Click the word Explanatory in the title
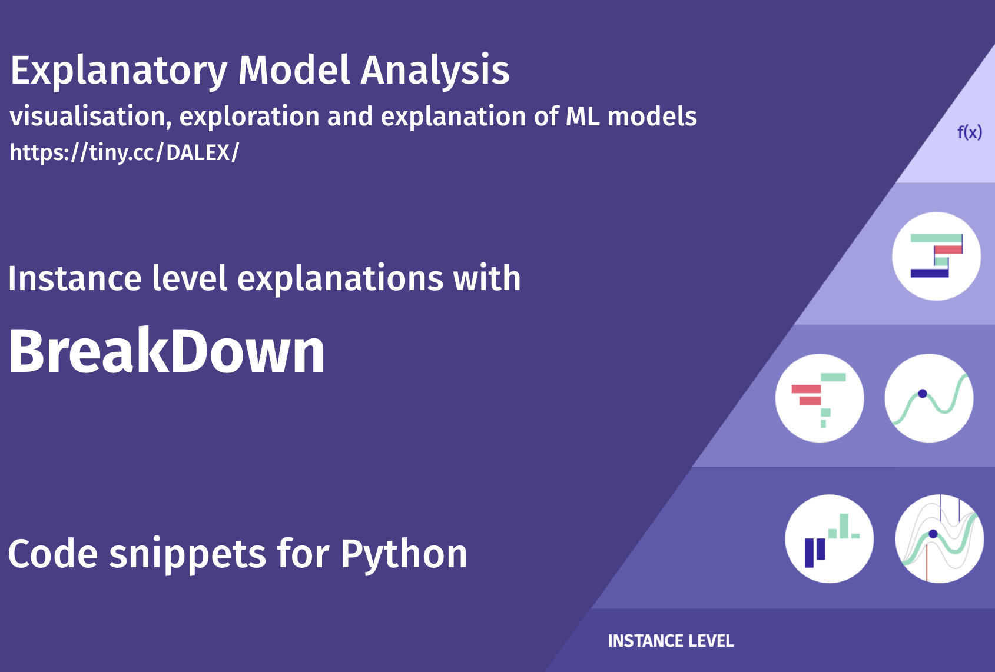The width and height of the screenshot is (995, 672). [x=118, y=71]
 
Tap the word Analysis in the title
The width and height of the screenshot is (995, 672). [x=435, y=71]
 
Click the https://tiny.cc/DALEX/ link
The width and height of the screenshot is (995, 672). [x=124, y=153]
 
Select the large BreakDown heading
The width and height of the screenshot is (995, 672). [x=167, y=351]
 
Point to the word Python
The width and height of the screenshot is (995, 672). [x=404, y=555]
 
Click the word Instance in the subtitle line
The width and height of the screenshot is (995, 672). [x=75, y=279]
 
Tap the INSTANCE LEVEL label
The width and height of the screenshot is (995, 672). [x=671, y=641]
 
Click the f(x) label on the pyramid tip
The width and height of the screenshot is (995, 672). [x=969, y=132]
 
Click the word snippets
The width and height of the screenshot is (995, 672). [x=187, y=555]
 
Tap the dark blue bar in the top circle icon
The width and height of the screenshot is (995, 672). [x=930, y=273]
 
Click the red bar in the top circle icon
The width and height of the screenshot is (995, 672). [x=948, y=250]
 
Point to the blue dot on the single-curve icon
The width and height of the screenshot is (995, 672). [x=923, y=394]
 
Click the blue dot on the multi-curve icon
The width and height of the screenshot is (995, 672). [x=933, y=534]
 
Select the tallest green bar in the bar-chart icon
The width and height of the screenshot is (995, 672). [x=844, y=526]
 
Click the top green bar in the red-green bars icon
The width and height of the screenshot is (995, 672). [x=833, y=378]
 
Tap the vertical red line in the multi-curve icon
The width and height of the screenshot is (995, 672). [x=927, y=563]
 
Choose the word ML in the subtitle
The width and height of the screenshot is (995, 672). [x=583, y=117]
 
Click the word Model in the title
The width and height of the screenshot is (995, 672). [x=294, y=71]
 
